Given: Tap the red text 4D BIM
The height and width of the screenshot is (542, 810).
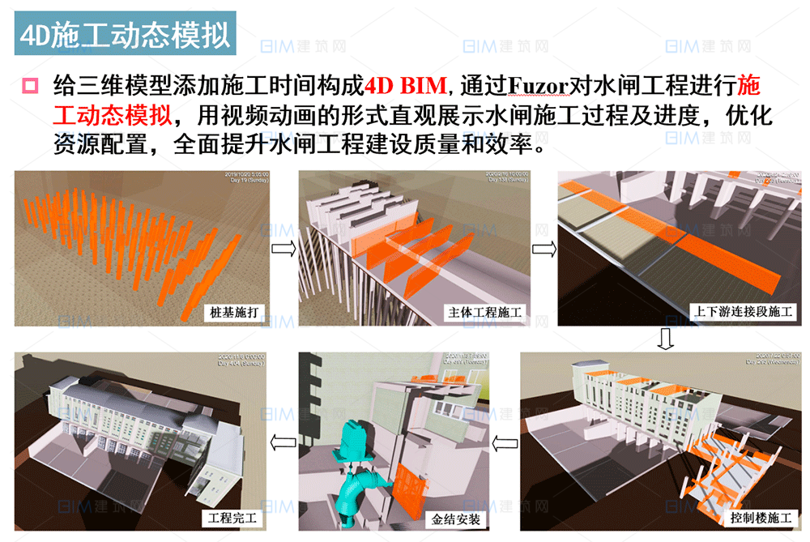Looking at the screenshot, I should pos(400,85).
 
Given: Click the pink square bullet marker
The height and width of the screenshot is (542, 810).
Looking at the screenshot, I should pos(30,85).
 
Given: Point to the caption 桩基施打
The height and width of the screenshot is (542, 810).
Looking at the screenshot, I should pos(234,312).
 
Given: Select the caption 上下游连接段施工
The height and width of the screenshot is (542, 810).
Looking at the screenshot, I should pos(744,312).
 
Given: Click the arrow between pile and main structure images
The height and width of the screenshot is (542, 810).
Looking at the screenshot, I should pos(283,248).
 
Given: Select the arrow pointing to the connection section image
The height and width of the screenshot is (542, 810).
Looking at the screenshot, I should pos(542,248).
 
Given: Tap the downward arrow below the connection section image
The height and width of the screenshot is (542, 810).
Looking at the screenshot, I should pos(665,339).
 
